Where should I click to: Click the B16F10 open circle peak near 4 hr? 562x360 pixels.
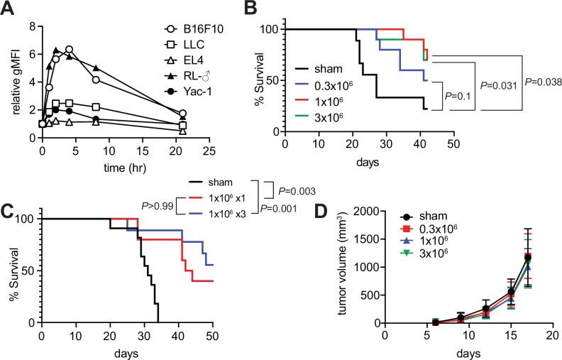pyautogui.click(x=70, y=50)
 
